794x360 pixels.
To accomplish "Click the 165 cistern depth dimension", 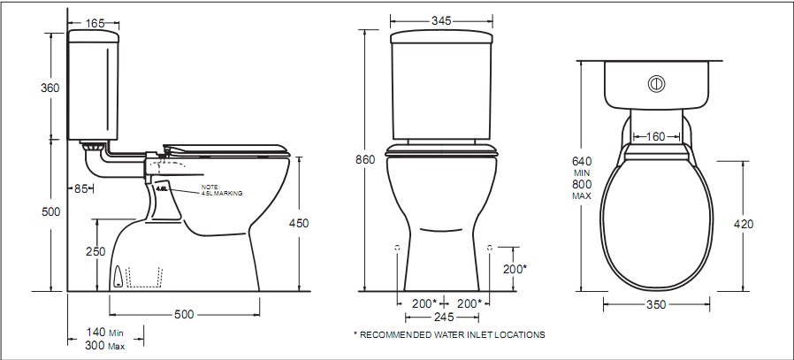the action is tap(95, 23).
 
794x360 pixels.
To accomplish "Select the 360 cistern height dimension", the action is tap(50, 88).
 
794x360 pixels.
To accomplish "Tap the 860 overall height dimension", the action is tap(365, 160).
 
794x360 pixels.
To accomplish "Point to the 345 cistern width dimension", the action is tap(441, 20).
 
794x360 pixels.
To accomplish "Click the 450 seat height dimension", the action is tap(299, 223).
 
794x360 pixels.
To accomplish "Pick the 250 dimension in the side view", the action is tap(95, 251).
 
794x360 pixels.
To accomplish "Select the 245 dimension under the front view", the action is tap(444, 317).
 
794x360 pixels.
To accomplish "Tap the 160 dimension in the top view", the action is tap(656, 137).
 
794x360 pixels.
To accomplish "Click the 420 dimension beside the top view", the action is tap(744, 224).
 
